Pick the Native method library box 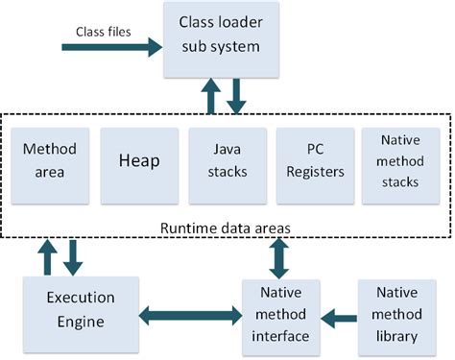[395, 314]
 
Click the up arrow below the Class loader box [209, 97]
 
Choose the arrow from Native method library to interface [337, 314]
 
